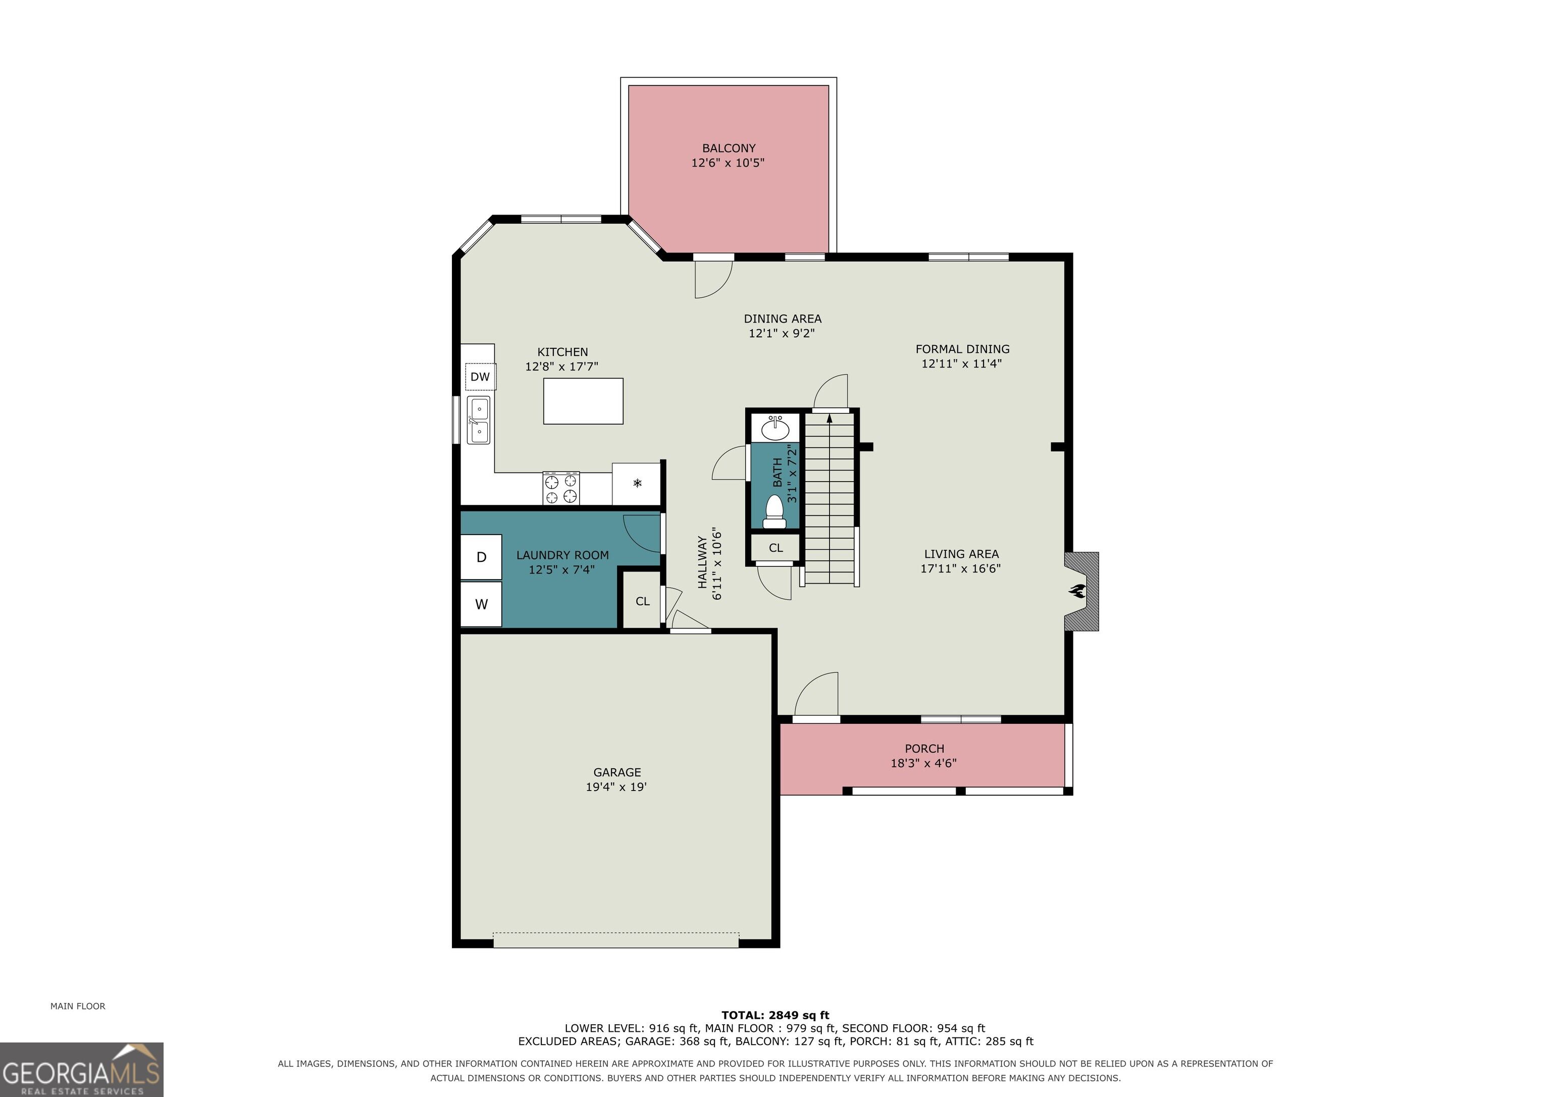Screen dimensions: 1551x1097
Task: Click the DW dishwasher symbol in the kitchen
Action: point(480,376)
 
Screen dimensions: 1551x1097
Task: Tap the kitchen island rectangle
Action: point(583,401)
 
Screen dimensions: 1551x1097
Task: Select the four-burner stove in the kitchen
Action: point(561,488)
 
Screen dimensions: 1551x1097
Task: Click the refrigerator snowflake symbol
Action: point(636,483)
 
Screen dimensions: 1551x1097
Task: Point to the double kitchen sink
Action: point(479,420)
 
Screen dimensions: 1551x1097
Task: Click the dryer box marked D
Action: point(481,557)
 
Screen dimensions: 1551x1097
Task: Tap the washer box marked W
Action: point(481,604)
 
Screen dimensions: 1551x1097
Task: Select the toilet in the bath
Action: point(774,511)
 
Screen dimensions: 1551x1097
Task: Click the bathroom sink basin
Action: point(775,428)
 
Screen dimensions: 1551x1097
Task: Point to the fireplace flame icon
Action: point(1076,592)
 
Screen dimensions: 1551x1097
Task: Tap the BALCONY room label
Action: point(728,148)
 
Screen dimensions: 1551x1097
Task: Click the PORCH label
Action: point(924,749)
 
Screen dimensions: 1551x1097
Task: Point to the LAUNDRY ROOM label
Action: point(562,555)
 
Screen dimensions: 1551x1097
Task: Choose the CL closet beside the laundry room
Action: point(642,601)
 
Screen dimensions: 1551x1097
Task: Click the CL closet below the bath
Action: point(775,548)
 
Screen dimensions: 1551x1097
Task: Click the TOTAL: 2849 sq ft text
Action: point(775,1015)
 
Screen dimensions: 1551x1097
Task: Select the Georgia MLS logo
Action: point(82,1069)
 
